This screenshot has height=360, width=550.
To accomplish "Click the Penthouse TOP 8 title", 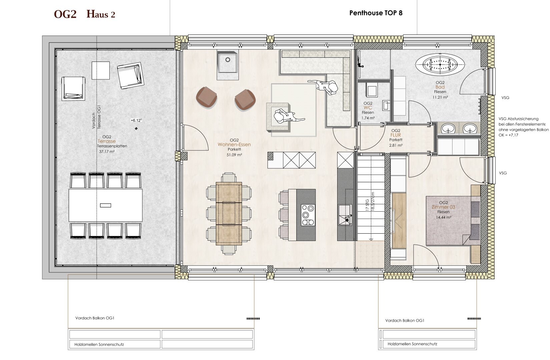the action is (376, 13).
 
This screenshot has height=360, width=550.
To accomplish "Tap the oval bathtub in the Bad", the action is (440, 65).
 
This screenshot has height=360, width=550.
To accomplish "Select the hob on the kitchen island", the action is (308, 215).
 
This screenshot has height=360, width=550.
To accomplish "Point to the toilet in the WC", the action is (372, 90).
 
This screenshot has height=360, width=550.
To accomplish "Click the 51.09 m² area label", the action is (234, 155).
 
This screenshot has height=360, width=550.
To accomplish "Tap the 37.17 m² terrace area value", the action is (107, 152).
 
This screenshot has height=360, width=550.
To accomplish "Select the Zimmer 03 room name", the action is (444, 207).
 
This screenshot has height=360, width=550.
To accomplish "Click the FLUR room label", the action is (396, 135).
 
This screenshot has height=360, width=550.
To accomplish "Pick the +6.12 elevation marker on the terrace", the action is (136, 120).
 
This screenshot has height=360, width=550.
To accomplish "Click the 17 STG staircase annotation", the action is (368, 205).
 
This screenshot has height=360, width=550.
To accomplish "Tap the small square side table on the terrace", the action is (101, 70).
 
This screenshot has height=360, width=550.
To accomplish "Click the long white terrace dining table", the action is (106, 205).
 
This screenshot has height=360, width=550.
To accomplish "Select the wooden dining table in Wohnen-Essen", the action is (229, 213).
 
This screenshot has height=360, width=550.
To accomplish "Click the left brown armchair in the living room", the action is (206, 97).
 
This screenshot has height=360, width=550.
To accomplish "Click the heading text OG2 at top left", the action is (65, 14).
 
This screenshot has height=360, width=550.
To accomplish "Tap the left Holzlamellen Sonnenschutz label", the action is (99, 345).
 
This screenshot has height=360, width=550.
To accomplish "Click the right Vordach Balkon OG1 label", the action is (405, 320).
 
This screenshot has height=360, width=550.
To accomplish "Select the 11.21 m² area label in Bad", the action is (440, 97).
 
